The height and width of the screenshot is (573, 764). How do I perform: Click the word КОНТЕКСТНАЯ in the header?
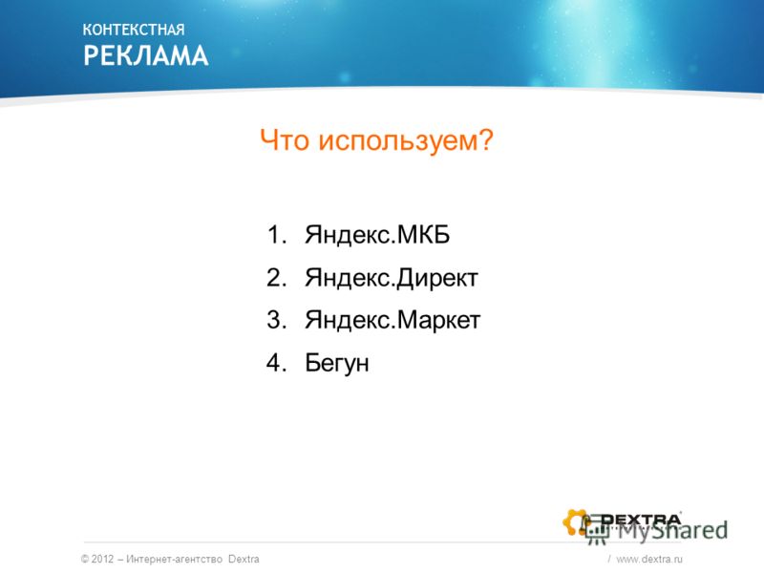click(134, 30)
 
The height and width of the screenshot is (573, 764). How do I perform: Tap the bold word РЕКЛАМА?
click(146, 55)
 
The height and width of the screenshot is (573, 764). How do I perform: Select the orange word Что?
click(285, 140)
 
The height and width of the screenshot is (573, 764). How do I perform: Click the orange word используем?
click(406, 141)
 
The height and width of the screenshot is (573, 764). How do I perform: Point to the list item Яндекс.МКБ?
click(377, 235)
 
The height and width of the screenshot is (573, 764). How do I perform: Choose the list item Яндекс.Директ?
click(392, 278)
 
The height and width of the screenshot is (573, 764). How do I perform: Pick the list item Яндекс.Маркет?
click(393, 321)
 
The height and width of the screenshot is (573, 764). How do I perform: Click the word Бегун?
click(337, 364)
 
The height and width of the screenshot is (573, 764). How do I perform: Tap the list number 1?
click(277, 235)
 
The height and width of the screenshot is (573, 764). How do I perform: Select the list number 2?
click(276, 278)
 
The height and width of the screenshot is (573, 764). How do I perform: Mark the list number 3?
click(276, 320)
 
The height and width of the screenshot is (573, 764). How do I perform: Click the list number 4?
click(276, 363)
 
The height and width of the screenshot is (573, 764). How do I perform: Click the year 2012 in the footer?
click(102, 559)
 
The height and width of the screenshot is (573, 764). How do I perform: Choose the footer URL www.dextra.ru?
click(649, 560)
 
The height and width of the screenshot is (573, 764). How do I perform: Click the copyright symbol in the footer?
click(85, 559)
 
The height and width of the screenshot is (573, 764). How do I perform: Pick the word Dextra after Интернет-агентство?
click(244, 559)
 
